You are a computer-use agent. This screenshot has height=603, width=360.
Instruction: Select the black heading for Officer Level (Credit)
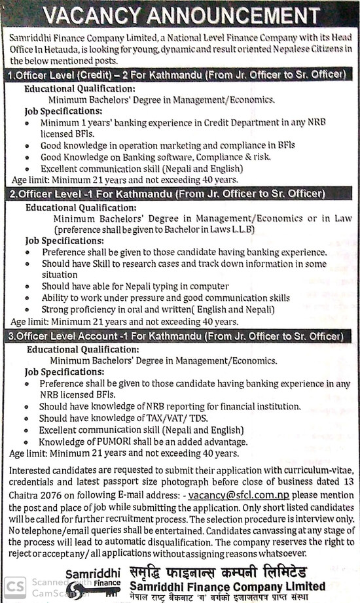[x=177, y=75]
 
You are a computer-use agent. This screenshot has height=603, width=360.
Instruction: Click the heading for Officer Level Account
[x=175, y=336]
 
